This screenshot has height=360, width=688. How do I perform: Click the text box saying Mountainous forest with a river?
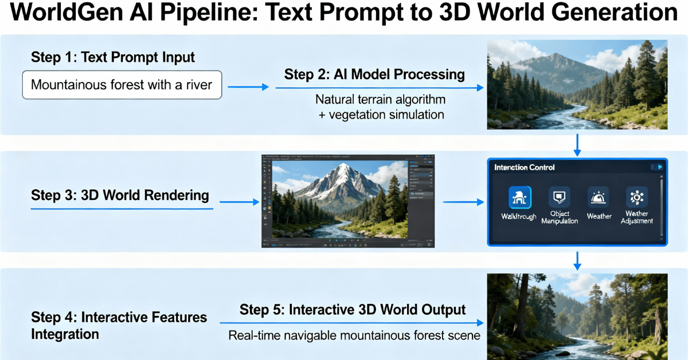point(122,85)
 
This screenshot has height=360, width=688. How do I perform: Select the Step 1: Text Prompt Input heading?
point(113,57)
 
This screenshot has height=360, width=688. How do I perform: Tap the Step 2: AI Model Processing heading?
point(374,75)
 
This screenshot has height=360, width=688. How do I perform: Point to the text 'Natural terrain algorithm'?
point(380,99)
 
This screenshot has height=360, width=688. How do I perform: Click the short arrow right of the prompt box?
point(248,87)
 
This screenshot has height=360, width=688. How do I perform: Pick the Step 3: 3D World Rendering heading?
point(120,195)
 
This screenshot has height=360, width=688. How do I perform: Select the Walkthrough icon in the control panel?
point(519,198)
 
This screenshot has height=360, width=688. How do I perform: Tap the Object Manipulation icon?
point(559,198)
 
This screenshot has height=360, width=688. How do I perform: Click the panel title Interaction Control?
point(525,167)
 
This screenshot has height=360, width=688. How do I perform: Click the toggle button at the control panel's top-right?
point(656,167)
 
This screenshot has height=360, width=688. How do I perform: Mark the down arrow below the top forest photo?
point(577,146)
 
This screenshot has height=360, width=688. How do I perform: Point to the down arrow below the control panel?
point(577,260)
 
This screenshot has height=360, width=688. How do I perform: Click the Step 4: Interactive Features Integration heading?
point(119,326)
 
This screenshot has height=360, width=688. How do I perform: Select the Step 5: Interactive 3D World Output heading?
point(353,310)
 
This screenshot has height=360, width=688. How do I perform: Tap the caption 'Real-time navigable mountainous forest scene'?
point(354,335)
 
